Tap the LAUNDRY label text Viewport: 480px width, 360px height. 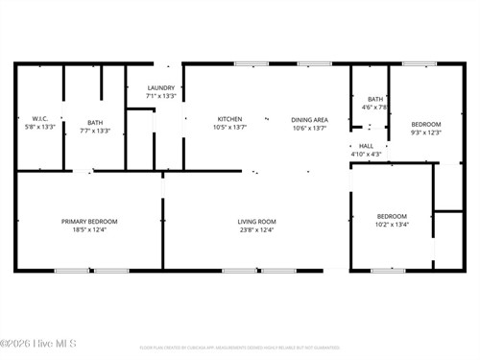[x=160, y=88]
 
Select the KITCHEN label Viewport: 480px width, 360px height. [x=228, y=119]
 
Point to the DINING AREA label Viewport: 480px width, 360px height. [x=309, y=119]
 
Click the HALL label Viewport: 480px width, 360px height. [x=366, y=146]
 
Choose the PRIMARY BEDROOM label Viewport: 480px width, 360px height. [x=96, y=222]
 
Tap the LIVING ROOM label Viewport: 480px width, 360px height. [x=257, y=222]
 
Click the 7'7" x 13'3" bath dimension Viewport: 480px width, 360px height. [x=95, y=131]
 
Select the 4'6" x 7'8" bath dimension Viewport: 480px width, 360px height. [x=374, y=107]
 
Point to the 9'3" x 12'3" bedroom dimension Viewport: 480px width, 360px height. [x=426, y=132]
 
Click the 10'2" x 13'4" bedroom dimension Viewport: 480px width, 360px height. [x=392, y=225]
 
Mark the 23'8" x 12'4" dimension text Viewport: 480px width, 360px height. [x=257, y=229]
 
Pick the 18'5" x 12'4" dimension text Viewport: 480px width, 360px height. [x=96, y=229]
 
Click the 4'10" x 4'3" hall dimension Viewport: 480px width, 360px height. [x=366, y=154]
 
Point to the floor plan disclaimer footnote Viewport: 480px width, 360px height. [x=240, y=348]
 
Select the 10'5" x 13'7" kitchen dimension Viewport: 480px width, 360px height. [x=228, y=127]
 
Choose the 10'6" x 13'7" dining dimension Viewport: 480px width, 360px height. [x=309, y=127]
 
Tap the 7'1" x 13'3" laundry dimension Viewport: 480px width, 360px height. [x=160, y=96]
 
